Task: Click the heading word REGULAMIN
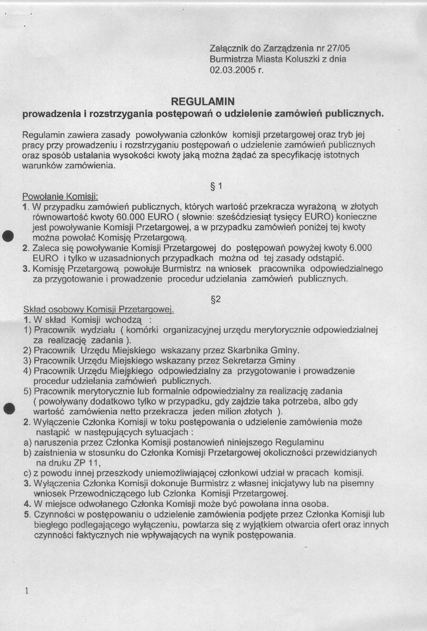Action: point(203,101)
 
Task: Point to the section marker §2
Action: point(215,299)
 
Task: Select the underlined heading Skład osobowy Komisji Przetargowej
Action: point(98,309)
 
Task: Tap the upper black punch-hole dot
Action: point(8,236)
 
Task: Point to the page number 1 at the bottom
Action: point(26,592)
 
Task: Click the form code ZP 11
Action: point(86,463)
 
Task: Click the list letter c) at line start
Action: point(27,473)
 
